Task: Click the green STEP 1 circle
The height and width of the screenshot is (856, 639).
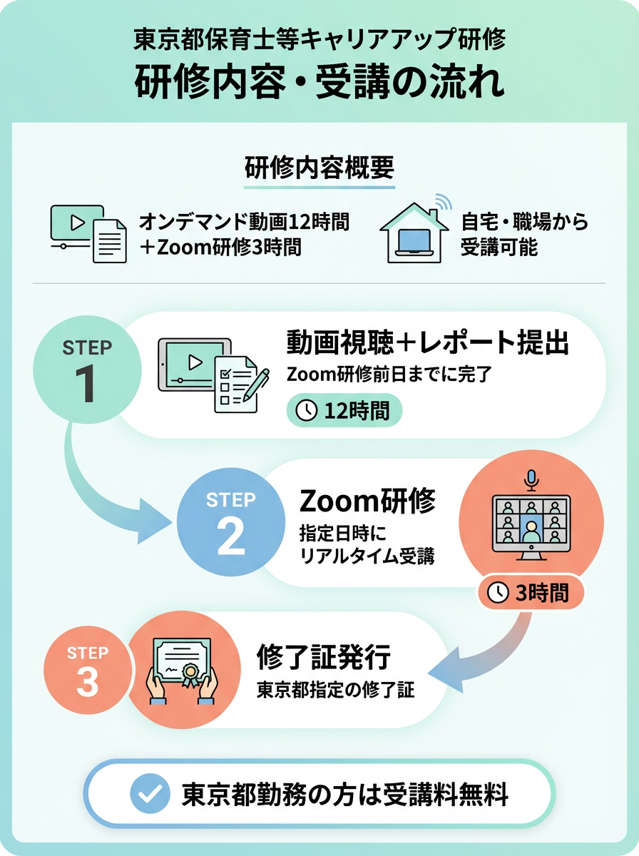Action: tap(87, 370)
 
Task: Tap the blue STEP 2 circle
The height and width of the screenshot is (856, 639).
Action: tap(231, 521)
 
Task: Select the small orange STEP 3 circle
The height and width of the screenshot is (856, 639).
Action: tap(87, 670)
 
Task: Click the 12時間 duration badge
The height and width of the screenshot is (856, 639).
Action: tap(344, 410)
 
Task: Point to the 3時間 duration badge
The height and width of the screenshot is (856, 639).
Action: tap(531, 593)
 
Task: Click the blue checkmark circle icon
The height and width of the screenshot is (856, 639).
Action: tap(150, 793)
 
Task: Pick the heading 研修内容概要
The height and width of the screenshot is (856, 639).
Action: tap(319, 168)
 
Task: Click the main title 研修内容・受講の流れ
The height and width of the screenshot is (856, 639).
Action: tap(319, 83)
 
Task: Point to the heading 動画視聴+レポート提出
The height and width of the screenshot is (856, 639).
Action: tap(427, 343)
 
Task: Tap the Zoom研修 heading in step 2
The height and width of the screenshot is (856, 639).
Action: tap(367, 501)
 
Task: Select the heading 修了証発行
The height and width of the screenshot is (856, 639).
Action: tap(324, 657)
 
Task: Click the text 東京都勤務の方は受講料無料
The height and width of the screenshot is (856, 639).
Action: tap(344, 794)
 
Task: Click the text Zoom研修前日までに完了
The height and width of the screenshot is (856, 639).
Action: tap(389, 374)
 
